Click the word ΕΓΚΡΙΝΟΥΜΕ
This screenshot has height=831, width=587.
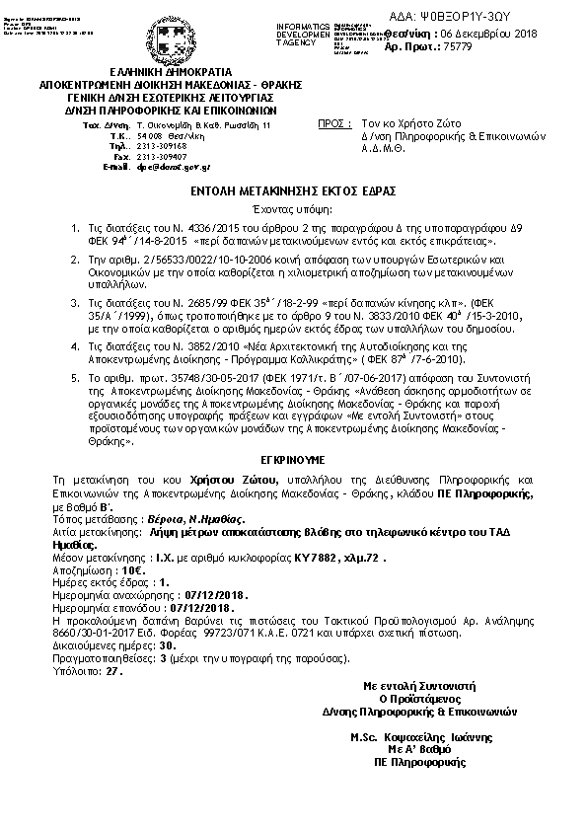[293, 458]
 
